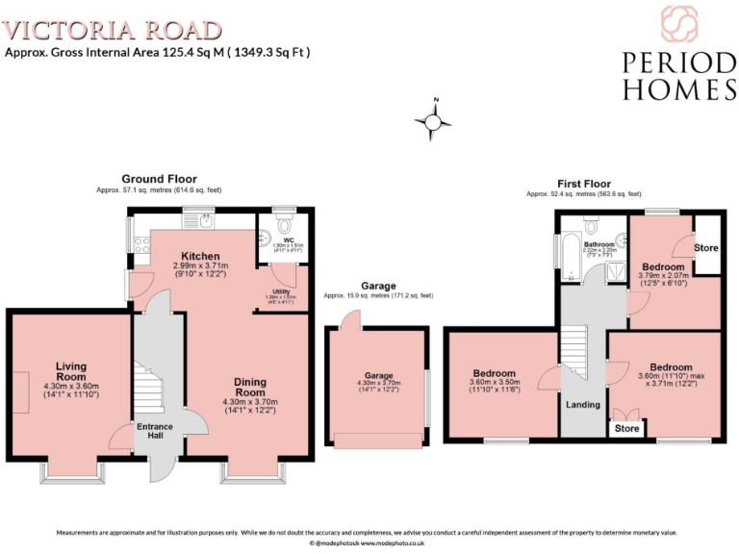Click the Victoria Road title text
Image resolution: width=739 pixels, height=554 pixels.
point(114,30)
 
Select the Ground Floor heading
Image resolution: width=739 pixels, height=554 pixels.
point(159,179)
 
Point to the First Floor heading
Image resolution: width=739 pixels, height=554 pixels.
point(584,183)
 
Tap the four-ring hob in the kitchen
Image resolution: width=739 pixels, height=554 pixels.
point(141,246)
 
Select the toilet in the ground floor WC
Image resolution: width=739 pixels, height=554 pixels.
point(285,220)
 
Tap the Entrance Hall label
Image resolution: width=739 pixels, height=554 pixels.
point(155,431)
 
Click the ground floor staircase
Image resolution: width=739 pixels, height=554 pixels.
point(147,390)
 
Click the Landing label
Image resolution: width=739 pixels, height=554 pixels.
point(583,405)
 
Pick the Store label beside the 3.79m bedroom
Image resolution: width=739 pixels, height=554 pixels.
point(706,248)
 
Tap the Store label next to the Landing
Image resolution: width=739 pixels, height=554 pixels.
point(627,429)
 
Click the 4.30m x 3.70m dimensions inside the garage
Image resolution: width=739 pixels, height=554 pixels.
point(378,387)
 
